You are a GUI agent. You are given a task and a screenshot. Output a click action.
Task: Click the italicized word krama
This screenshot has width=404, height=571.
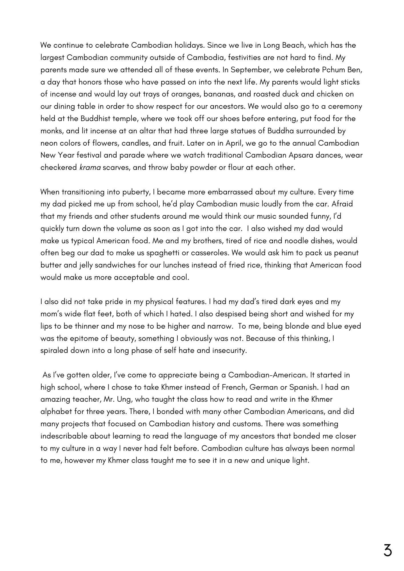(x=90, y=168)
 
